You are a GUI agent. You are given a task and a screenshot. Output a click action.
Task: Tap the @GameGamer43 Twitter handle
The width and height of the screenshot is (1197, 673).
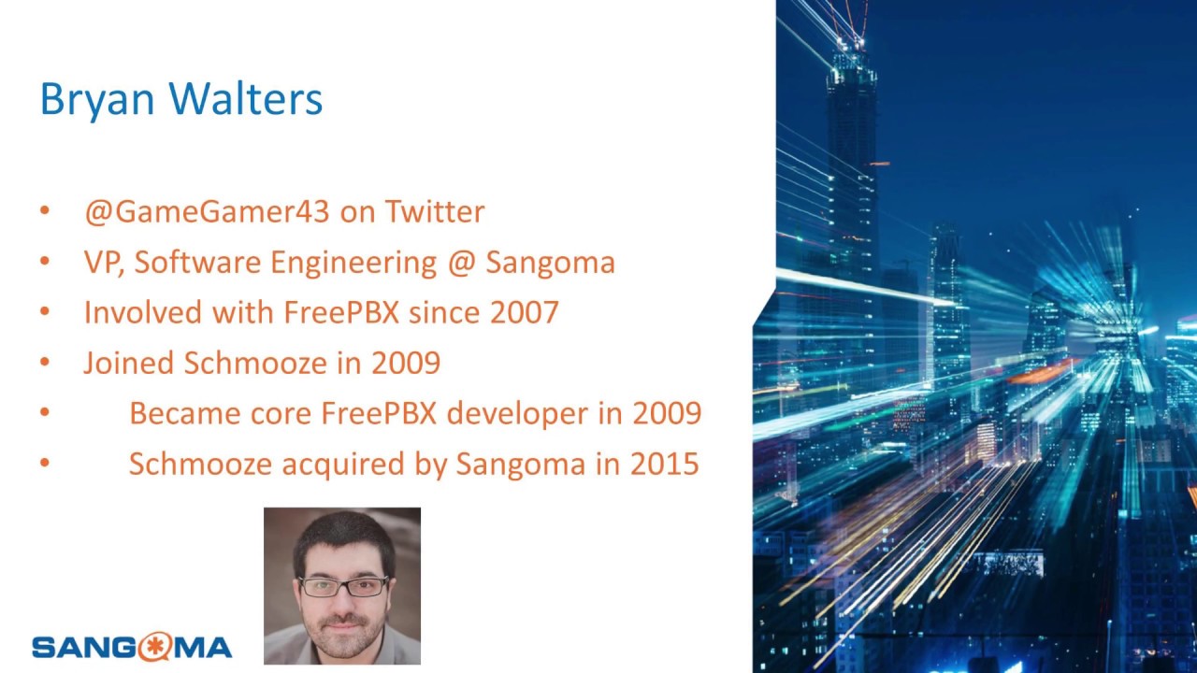[207, 212]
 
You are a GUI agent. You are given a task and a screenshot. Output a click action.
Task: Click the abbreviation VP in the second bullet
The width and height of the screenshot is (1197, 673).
[104, 263]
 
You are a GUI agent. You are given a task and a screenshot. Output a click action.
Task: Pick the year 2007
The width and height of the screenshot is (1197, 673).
[524, 312]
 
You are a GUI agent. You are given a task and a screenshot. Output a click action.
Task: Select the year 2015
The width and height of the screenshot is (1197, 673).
[664, 464]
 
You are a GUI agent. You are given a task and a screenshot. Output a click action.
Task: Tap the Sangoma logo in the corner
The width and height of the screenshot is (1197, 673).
[132, 646]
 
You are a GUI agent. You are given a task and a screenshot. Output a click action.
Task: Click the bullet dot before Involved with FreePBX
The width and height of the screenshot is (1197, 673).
[44, 311]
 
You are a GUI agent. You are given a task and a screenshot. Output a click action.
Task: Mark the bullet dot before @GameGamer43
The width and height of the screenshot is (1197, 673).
[44, 211]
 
